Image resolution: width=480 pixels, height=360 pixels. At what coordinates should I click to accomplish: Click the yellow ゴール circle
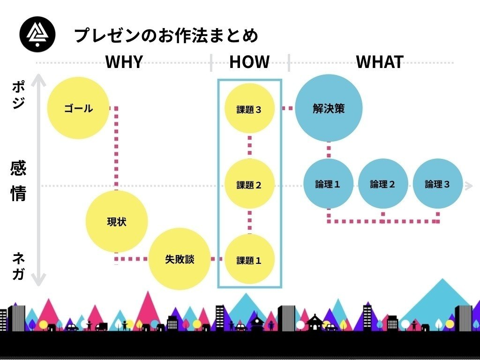click(78, 108)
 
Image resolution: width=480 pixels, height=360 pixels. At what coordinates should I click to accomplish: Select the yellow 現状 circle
click(117, 222)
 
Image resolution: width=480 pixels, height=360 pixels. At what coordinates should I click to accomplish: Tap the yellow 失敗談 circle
click(180, 259)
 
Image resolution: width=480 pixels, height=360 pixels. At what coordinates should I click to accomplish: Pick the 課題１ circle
click(249, 260)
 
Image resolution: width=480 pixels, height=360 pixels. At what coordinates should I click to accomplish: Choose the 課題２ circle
click(249, 185)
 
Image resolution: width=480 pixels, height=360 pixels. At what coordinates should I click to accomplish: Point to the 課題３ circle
click(249, 110)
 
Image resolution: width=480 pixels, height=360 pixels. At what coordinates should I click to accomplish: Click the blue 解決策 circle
click(329, 108)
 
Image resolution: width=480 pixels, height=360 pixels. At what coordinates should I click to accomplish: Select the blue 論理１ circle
click(328, 184)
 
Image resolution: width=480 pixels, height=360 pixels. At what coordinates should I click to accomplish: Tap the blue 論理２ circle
click(383, 184)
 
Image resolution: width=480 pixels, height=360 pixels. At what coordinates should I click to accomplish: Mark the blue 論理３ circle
click(438, 184)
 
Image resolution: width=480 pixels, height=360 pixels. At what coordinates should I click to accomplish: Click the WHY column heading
click(124, 62)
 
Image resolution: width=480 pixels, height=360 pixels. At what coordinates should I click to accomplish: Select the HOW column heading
click(249, 62)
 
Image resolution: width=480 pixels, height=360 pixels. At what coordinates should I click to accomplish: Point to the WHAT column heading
click(380, 62)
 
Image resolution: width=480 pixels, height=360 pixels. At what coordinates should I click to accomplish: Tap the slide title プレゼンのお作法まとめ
click(166, 35)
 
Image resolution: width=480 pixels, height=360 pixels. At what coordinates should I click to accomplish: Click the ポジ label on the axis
click(19, 95)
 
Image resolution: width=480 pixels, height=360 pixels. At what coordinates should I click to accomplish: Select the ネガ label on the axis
click(19, 266)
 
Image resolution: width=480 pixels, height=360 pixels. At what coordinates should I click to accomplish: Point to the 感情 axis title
click(18, 181)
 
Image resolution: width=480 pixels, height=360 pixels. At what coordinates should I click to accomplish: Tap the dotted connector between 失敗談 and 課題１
click(217, 259)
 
